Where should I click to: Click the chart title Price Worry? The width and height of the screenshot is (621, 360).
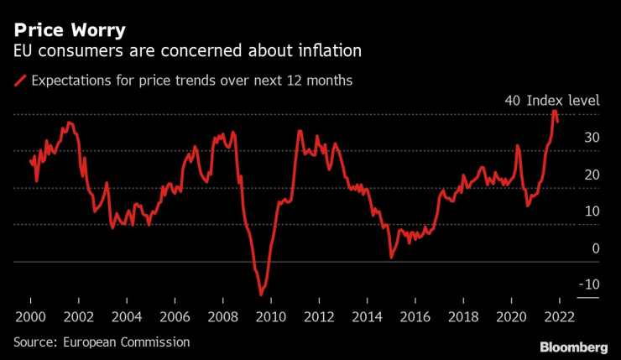click(x=68, y=30)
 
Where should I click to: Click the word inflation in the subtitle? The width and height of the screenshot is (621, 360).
click(x=328, y=52)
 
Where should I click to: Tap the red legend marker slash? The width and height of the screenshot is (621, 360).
click(x=20, y=81)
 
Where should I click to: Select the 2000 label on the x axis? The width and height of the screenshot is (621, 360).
click(x=30, y=319)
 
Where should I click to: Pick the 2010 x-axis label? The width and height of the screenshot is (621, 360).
click(x=269, y=319)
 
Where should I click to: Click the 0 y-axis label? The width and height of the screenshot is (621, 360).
click(x=595, y=248)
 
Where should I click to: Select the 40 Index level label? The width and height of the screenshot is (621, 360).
click(x=551, y=100)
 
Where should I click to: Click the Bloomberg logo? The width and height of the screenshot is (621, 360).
click(x=573, y=347)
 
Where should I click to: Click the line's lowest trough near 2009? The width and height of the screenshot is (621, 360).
click(x=261, y=295)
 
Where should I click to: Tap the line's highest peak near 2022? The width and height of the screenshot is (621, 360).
click(x=555, y=111)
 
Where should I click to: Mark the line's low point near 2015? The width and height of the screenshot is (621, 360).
click(x=391, y=257)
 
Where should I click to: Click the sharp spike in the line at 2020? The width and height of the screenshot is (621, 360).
click(x=518, y=146)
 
